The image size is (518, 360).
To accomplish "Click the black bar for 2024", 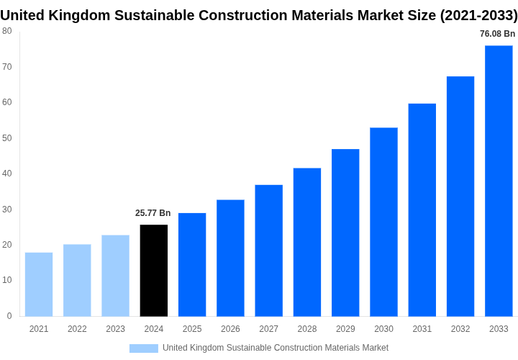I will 154,271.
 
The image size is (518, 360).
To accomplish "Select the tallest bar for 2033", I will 499,181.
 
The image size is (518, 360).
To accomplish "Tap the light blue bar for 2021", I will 39,284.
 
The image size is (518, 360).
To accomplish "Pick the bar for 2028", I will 307,242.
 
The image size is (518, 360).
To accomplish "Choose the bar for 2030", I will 383,222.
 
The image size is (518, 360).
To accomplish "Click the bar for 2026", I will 230,258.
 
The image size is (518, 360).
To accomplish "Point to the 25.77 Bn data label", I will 153,213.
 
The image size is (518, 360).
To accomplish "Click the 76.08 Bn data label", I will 497,34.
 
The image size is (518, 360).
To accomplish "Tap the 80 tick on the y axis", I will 6,31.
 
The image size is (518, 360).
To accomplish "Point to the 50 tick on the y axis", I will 6,138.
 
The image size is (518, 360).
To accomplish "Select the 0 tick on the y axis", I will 9,316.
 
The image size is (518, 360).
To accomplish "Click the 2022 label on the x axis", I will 77,329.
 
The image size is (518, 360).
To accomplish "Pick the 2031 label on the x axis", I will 422,329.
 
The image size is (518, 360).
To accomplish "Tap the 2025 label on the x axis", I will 192,329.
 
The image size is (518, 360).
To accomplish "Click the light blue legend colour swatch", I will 144,348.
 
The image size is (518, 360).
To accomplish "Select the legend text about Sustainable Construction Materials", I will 275,348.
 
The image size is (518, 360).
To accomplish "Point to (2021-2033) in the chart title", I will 478,15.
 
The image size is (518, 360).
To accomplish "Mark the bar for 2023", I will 116,276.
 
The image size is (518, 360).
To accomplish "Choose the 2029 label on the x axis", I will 345,329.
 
